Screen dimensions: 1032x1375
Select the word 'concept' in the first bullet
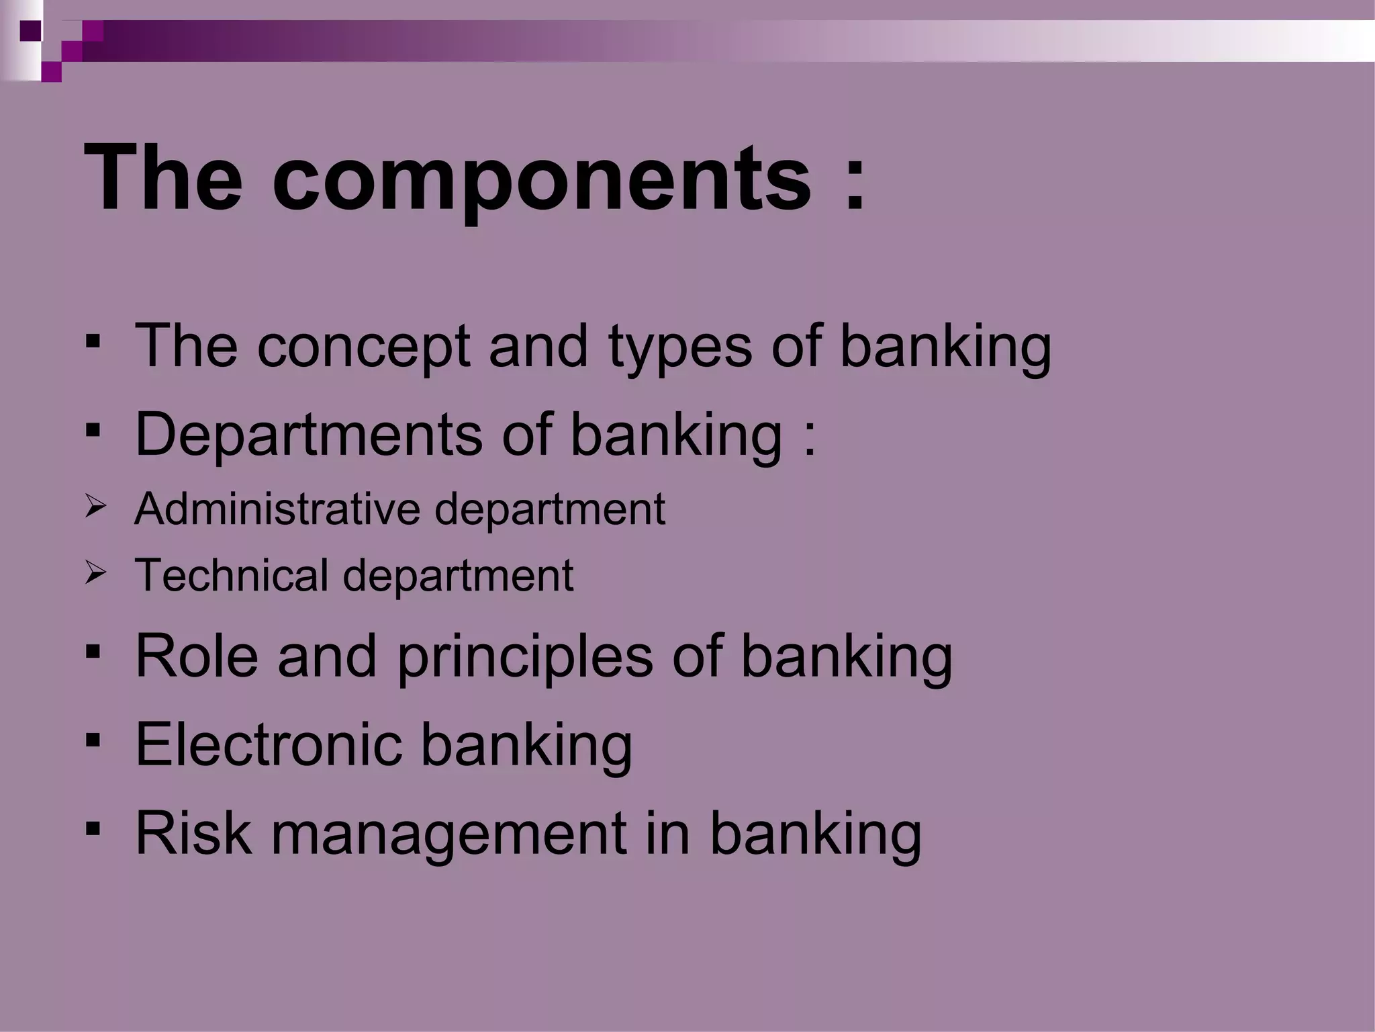point(363,347)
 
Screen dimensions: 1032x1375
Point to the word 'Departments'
point(308,435)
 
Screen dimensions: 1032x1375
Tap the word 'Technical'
point(231,576)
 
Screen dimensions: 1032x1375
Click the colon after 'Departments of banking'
point(809,440)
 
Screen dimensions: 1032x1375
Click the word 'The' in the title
point(163,179)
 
